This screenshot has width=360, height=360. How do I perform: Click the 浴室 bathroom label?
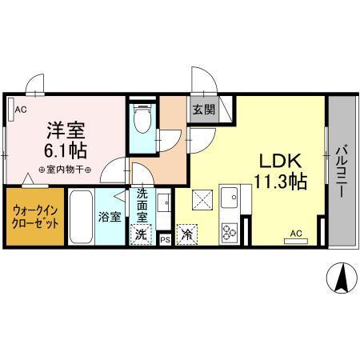pos(109,217)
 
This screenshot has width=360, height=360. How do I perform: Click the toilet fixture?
pos(143,121)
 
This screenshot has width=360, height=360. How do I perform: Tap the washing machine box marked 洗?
pos(141,234)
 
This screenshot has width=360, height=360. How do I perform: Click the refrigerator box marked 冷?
pos(186,234)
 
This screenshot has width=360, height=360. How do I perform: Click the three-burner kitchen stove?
pos(230,232)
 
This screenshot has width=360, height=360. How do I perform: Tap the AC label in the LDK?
pos(294,234)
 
